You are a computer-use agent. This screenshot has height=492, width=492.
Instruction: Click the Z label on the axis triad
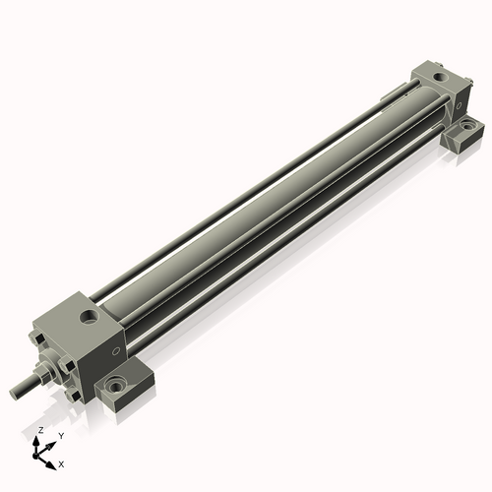coord(39,430)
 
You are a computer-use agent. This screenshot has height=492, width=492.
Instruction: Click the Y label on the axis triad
coord(60,435)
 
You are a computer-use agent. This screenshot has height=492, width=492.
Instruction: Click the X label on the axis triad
coord(62,462)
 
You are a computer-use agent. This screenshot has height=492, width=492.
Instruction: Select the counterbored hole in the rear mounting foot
coord(468,127)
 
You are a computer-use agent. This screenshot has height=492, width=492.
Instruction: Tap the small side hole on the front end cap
coord(117,348)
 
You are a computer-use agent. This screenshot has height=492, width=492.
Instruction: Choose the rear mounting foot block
coord(462,133)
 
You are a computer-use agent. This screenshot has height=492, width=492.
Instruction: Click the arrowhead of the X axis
coord(53,461)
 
